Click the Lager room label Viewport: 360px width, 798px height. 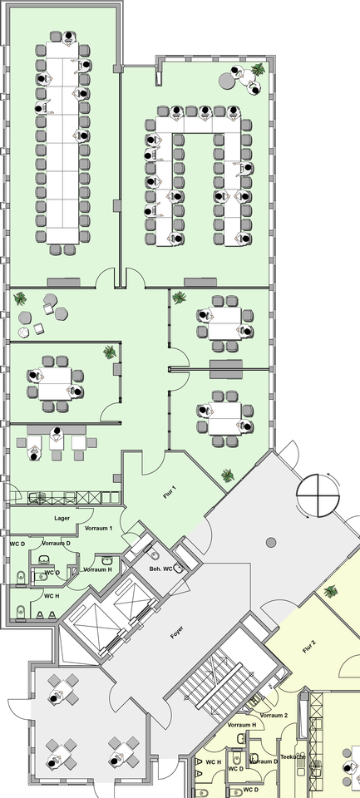click(62, 518)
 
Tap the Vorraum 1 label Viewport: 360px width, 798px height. click(98, 529)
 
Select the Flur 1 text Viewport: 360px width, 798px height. click(170, 491)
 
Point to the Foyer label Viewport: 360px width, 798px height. click(177, 632)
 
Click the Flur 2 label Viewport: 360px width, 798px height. click(309, 647)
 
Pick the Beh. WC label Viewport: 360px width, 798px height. click(160, 569)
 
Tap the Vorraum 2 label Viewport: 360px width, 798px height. click(274, 715)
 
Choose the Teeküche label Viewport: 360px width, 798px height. click(293, 756)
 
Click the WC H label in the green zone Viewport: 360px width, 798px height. click(52, 596)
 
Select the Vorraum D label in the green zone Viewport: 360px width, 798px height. click(56, 544)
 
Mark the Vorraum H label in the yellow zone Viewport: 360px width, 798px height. click(242, 725)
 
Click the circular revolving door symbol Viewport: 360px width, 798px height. click(318, 495)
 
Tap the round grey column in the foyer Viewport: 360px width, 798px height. click(271, 543)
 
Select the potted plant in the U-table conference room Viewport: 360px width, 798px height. click(258, 69)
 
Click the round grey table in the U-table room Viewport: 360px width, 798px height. click(226, 80)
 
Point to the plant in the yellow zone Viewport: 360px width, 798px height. click(330, 591)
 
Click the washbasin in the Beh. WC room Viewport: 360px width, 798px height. click(179, 568)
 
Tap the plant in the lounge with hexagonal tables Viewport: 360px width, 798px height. click(20, 298)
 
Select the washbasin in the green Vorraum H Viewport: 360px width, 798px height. click(107, 560)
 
